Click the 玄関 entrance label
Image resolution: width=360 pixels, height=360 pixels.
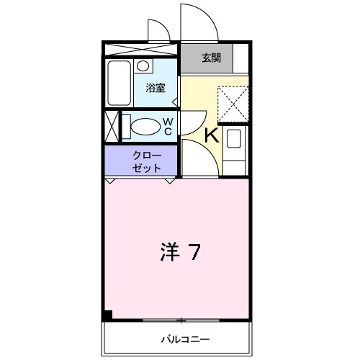tap(211, 58)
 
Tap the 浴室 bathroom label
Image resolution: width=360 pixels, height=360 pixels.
tap(156, 89)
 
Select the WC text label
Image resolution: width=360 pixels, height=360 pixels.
tap(167, 127)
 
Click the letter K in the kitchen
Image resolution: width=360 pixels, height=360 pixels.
tap(212, 134)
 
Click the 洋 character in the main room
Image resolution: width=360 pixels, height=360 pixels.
tap(168, 252)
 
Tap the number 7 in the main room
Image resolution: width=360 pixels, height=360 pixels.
tap(194, 252)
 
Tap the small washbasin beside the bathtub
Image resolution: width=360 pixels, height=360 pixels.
tap(143, 66)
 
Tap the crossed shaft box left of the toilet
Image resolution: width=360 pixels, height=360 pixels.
tap(112, 127)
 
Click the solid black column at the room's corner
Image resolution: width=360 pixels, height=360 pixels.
tap(108, 315)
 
